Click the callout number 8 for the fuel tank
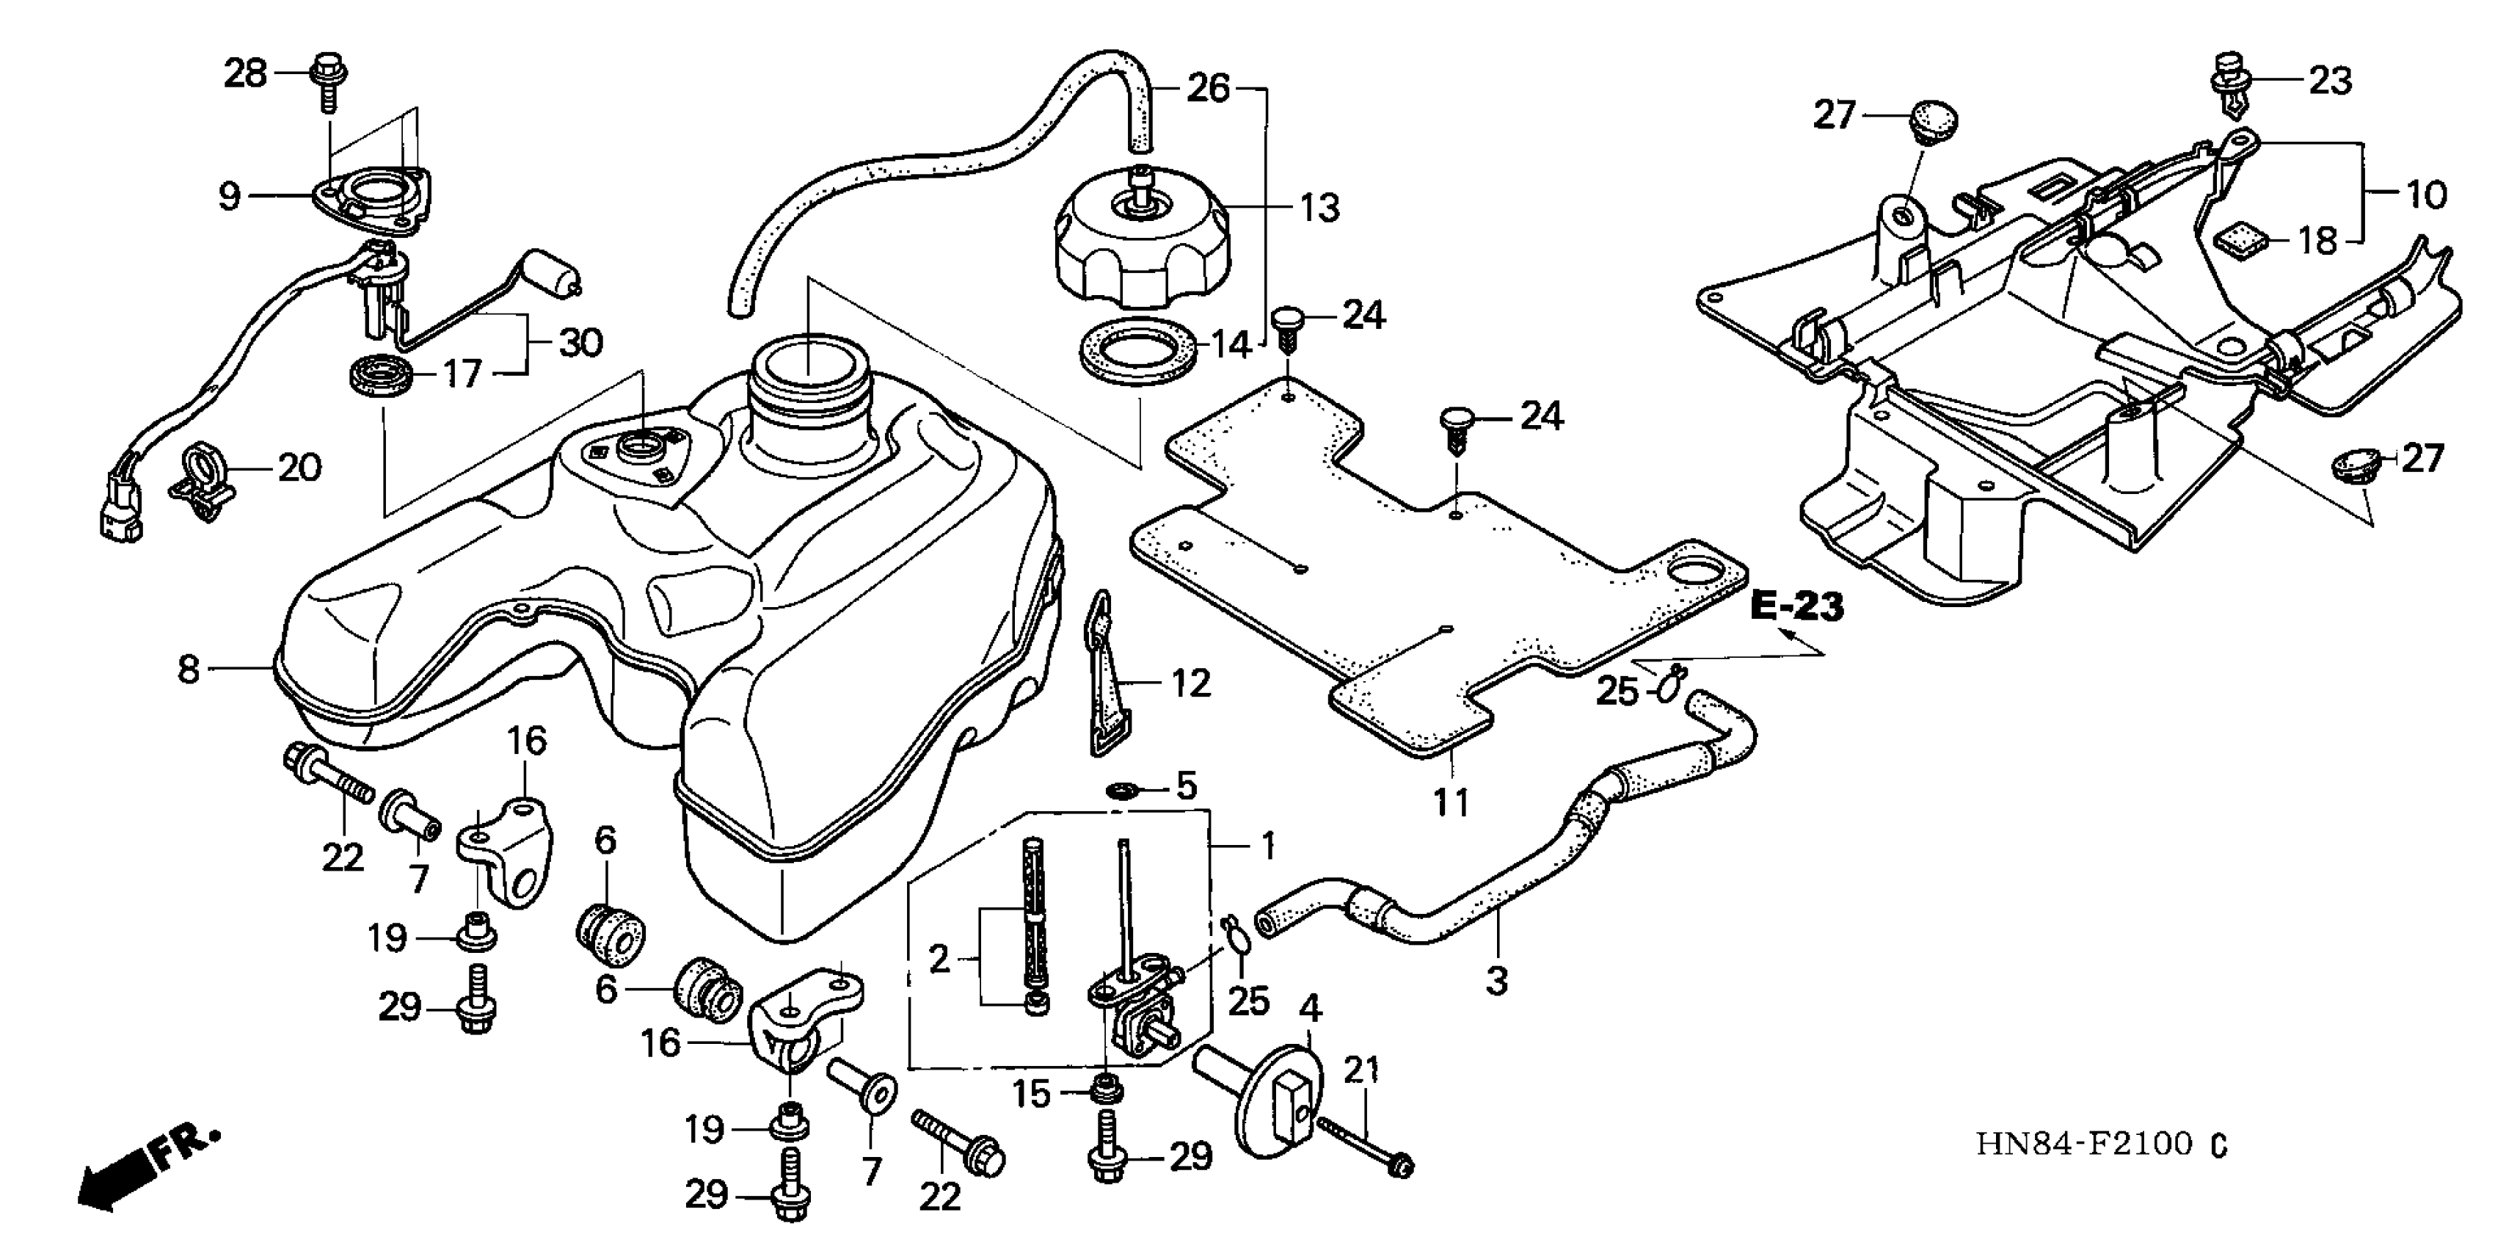click(189, 669)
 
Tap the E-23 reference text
click(1796, 608)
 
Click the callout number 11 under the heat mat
click(1451, 802)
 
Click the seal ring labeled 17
click(379, 374)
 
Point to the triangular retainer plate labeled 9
click(373, 195)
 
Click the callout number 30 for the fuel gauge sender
click(581, 343)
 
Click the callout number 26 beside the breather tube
click(1209, 89)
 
